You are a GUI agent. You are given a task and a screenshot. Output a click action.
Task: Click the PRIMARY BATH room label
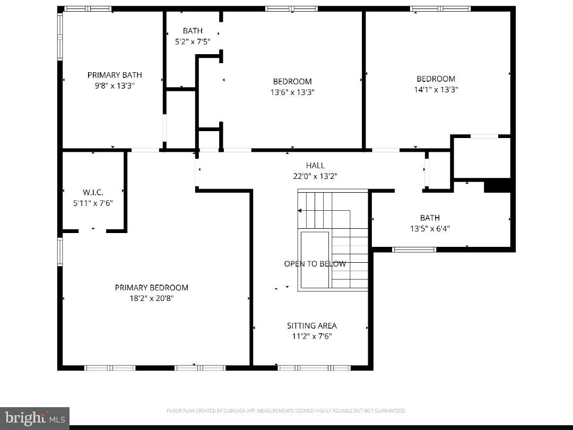tap(115, 75)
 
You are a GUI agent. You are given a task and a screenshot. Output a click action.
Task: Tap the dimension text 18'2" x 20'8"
tap(152, 298)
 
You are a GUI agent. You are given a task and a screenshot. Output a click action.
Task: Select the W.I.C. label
tap(93, 192)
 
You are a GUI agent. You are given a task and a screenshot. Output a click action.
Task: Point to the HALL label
tap(315, 166)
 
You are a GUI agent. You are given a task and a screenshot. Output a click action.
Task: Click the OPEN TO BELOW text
tap(315, 264)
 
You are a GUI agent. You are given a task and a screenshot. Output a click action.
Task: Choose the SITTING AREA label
tap(312, 325)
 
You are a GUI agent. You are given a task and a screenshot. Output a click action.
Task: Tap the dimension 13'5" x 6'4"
tap(430, 229)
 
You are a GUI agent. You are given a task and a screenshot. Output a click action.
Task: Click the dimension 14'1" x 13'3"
tap(436, 90)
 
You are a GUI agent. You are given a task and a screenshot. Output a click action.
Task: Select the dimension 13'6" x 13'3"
tap(292, 92)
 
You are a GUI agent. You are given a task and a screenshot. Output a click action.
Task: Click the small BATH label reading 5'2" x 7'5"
tap(193, 41)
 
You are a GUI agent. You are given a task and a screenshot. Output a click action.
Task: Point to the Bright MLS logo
tap(34, 418)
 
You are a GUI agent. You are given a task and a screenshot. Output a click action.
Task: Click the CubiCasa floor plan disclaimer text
tap(286, 410)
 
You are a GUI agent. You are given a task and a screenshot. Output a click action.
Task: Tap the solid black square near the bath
tap(497, 185)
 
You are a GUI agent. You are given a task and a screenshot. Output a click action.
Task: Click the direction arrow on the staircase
tap(300, 211)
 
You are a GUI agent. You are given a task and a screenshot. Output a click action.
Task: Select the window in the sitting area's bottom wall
tap(314, 367)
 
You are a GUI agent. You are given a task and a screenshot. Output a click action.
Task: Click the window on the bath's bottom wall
tap(414, 250)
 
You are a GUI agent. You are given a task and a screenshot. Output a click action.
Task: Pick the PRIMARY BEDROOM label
tap(152, 287)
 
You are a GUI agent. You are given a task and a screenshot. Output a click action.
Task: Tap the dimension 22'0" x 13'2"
tap(315, 176)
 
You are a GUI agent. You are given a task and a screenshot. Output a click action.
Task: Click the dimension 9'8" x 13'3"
tap(115, 85)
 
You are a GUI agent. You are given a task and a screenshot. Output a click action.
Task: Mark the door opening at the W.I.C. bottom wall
tap(93, 231)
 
